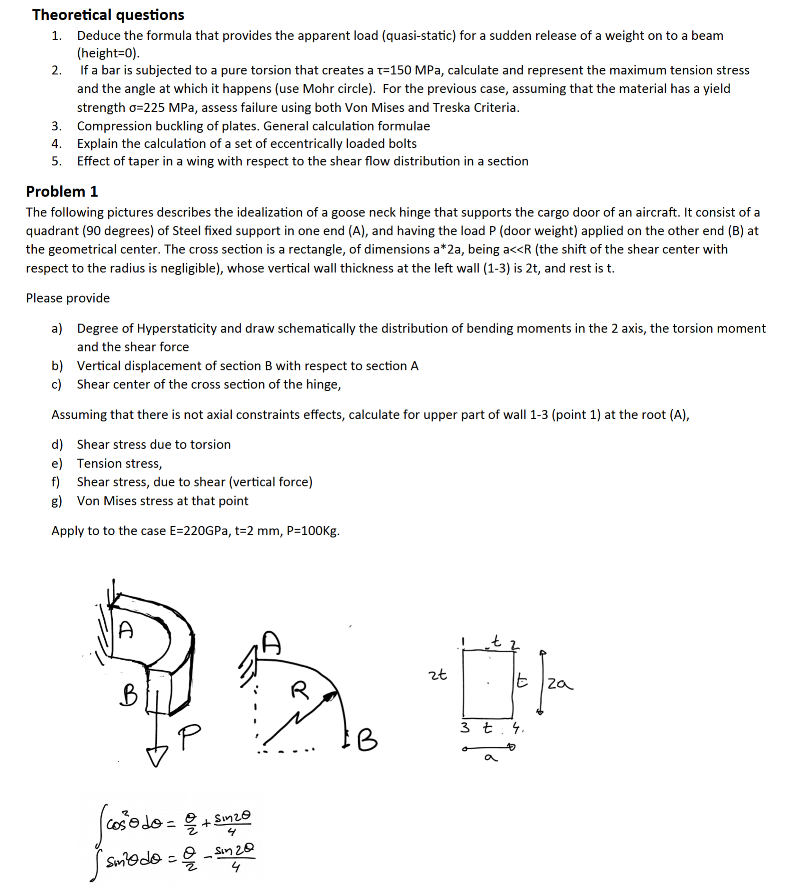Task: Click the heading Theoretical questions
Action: tap(108, 15)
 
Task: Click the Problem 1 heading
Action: tap(62, 191)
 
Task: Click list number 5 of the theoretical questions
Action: tap(56, 161)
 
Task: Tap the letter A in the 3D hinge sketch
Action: tap(126, 629)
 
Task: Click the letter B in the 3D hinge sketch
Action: tap(128, 695)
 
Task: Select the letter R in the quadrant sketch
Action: tap(299, 690)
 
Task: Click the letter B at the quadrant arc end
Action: tap(367, 740)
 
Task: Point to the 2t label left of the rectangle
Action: tap(437, 674)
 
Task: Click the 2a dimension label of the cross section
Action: tap(559, 684)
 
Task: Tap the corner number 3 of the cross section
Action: tap(465, 727)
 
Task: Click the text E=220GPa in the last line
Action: tap(199, 530)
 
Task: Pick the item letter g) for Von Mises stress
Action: tap(56, 501)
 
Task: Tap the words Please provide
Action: tap(68, 298)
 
